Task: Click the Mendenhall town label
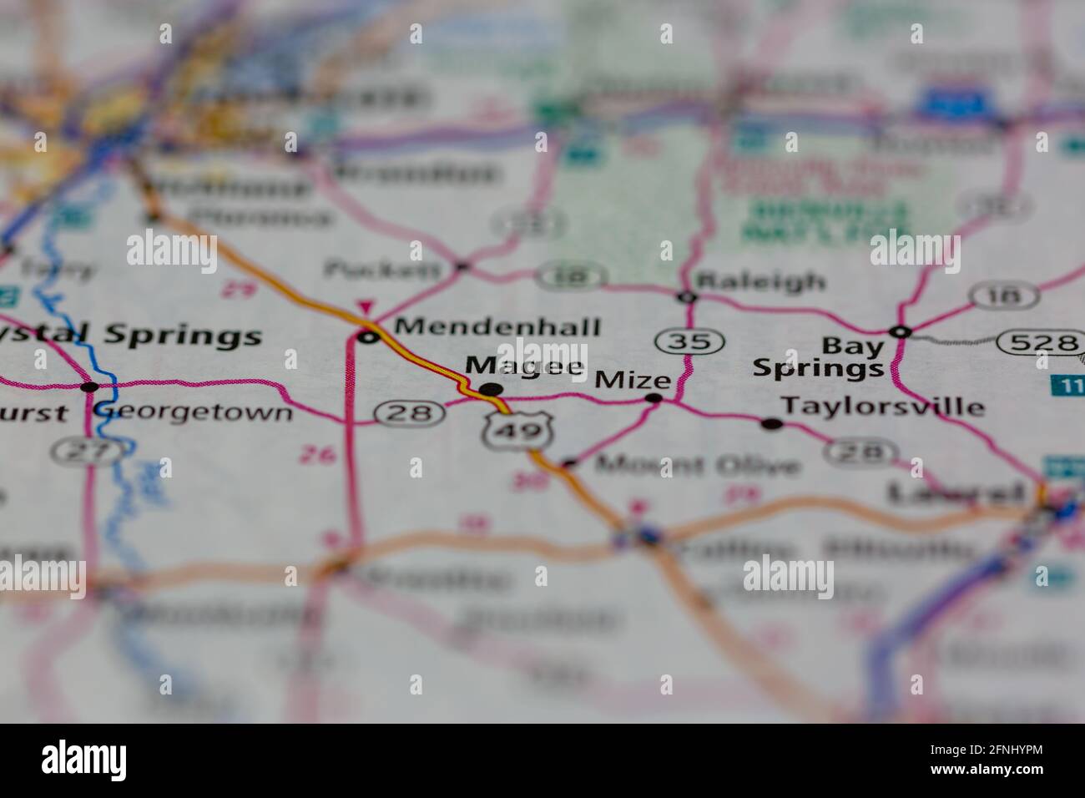pos(497,326)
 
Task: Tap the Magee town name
pos(524,366)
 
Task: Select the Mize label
pos(633,381)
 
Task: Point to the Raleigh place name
pos(760,280)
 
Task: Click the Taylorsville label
pos(882,407)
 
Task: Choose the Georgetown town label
pos(194,412)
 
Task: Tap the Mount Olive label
pos(697,464)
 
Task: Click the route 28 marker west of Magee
pos(408,412)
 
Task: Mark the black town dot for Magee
pos(492,389)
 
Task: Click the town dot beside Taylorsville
pos(772,424)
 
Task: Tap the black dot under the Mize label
pos(654,399)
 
